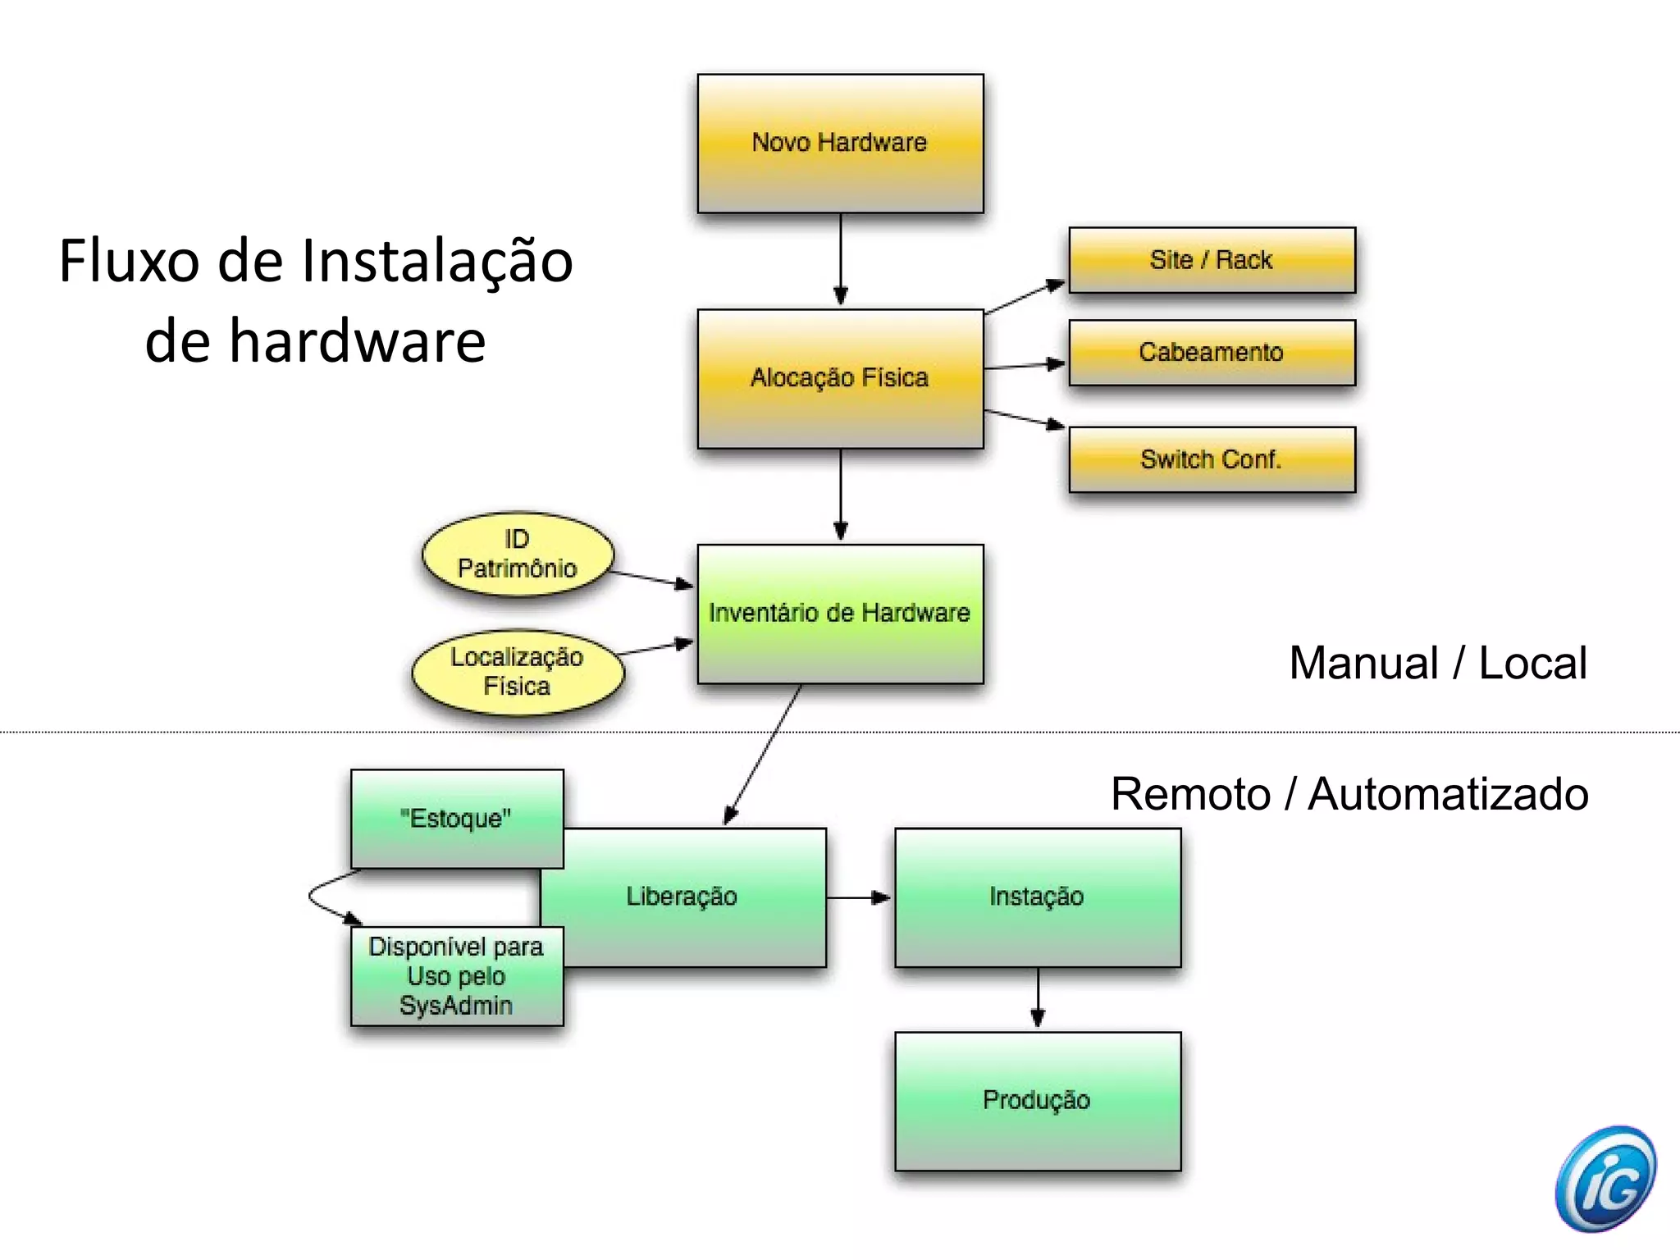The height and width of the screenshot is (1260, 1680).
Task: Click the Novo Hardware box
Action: pyautogui.click(x=840, y=144)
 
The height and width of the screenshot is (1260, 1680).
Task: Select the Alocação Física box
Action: pyautogui.click(x=840, y=378)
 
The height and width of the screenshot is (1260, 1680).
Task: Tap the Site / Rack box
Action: pyautogui.click(x=1212, y=260)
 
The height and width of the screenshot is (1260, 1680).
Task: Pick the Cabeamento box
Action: pyautogui.click(x=1212, y=353)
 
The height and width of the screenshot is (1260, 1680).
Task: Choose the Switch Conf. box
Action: pyautogui.click(x=1212, y=459)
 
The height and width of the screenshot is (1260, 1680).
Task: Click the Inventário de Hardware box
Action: pyautogui.click(x=840, y=614)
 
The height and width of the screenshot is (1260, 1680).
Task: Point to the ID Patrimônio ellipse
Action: pyautogui.click(x=518, y=554)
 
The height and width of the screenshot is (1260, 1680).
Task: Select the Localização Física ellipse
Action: pyautogui.click(x=518, y=672)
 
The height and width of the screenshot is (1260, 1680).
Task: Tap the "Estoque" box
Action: pyautogui.click(x=457, y=819)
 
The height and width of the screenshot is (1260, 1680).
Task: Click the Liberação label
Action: pyautogui.click(x=682, y=897)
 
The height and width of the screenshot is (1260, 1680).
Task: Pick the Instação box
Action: pyautogui.click(x=1037, y=897)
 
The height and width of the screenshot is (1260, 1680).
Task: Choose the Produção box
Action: pyautogui.click(x=1037, y=1101)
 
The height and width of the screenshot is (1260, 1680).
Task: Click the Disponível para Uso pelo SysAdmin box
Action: pyautogui.click(x=457, y=976)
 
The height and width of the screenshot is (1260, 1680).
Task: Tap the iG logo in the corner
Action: pyautogui.click(x=1605, y=1179)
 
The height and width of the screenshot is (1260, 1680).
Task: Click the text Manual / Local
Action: pyautogui.click(x=1437, y=663)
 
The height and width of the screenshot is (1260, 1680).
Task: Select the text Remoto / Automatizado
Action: pyautogui.click(x=1349, y=794)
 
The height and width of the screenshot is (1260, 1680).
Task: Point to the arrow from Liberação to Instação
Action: pyautogui.click(x=859, y=897)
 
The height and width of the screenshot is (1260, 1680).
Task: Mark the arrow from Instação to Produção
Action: pyautogui.click(x=1038, y=998)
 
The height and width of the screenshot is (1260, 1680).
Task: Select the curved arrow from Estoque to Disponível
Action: pyautogui.click(x=313, y=897)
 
